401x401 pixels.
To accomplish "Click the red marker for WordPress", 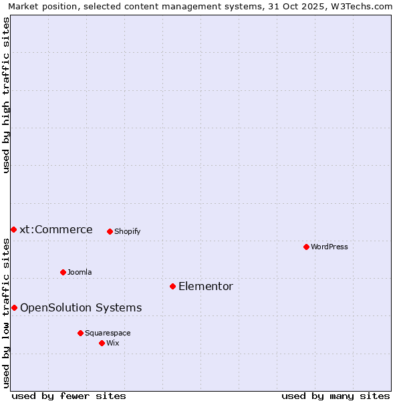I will (306, 247).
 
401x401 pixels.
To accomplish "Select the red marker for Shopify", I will (110, 231).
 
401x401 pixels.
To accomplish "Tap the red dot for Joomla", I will (63, 272).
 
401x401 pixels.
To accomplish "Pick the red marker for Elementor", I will (172, 286).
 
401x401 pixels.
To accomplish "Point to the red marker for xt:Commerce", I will (13, 229).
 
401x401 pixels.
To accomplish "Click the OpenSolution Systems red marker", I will (14, 307).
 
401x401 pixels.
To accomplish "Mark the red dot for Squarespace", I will (80, 333).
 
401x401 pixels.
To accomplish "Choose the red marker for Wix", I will (102, 343).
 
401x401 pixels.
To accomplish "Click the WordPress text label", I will (329, 247).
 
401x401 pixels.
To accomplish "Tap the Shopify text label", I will (127, 231).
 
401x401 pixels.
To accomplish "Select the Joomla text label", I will (80, 272).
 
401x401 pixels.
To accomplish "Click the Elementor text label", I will (206, 286).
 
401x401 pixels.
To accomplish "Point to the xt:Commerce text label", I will (56, 229).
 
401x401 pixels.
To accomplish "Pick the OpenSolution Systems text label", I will (81, 307).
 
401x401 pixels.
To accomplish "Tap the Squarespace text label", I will (108, 333).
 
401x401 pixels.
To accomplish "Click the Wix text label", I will (113, 343).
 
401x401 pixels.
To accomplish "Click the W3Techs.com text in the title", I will (362, 7).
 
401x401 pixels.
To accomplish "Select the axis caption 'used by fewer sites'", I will (69, 396).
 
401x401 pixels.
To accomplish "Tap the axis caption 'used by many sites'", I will (336, 396).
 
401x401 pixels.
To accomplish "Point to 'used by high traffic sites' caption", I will (7, 95).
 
